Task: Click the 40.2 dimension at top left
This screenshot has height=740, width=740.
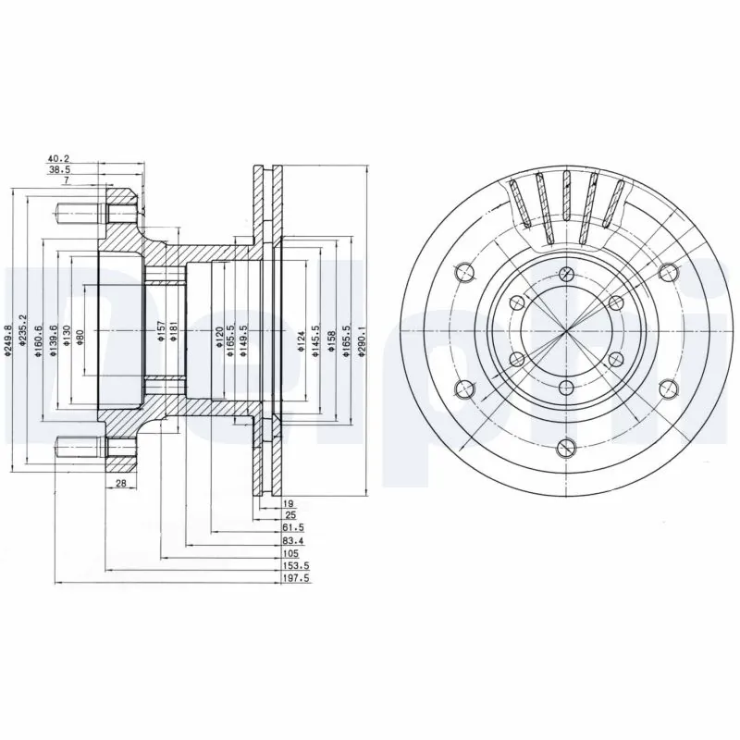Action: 58,158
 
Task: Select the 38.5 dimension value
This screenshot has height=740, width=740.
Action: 58,170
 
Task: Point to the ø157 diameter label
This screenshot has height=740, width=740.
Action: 160,333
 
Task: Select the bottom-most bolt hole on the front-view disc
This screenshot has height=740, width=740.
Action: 564,449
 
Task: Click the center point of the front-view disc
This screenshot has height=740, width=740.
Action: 564,331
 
